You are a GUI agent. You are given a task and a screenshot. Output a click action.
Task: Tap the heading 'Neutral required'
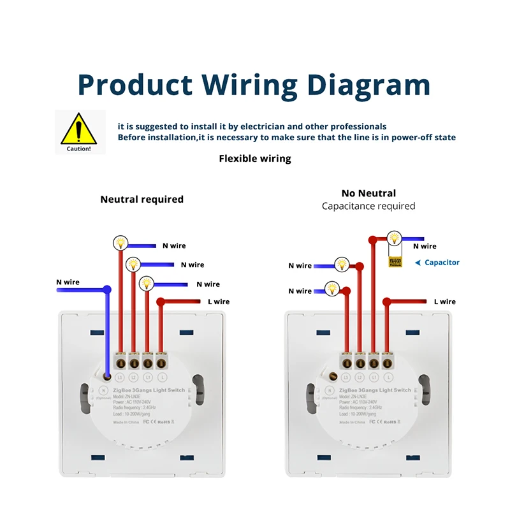pyautogui.click(x=142, y=200)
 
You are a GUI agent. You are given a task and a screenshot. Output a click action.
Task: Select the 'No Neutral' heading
pyautogui.click(x=368, y=193)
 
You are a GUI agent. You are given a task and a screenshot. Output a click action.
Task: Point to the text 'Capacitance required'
pyautogui.click(x=368, y=206)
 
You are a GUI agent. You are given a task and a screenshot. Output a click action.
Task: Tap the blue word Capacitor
pyautogui.click(x=442, y=263)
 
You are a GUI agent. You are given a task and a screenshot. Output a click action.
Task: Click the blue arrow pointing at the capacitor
pyautogui.click(x=417, y=263)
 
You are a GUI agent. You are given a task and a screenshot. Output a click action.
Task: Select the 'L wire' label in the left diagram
pyautogui.click(x=217, y=302)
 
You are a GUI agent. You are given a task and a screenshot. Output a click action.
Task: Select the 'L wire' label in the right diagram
pyautogui.click(x=444, y=302)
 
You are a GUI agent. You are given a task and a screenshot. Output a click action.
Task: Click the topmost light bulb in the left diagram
pyautogui.click(x=120, y=242)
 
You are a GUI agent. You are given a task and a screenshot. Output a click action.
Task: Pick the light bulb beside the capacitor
pyautogui.click(x=395, y=239)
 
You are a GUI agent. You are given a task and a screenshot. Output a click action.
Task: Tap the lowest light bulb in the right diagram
pyautogui.click(x=331, y=289)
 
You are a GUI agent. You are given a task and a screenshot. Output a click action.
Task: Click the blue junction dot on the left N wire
pyautogui.click(x=107, y=291)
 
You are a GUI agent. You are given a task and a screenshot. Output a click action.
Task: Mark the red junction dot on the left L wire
pyautogui.click(x=161, y=302)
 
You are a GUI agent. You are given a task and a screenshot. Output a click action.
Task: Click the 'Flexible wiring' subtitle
pyautogui.click(x=255, y=159)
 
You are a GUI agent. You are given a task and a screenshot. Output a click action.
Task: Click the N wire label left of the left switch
pyautogui.click(x=68, y=282)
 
